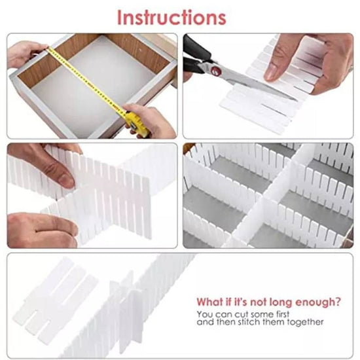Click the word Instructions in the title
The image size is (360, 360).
(x=171, y=17)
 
